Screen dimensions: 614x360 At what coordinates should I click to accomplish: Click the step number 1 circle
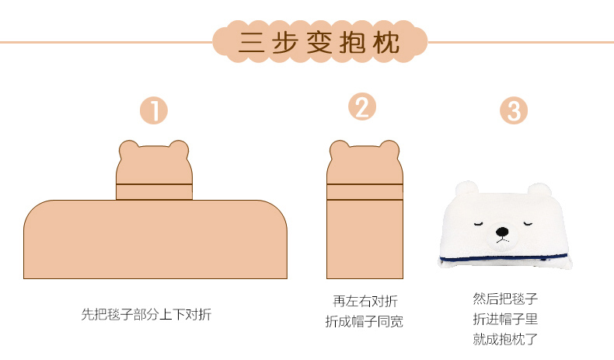pyautogui.click(x=154, y=110)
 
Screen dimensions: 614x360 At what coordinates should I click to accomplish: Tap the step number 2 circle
pyautogui.click(x=362, y=107)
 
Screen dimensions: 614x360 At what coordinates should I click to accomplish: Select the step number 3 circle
pyautogui.click(x=514, y=110)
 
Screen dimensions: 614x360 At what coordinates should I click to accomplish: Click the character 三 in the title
pyautogui.click(x=252, y=42)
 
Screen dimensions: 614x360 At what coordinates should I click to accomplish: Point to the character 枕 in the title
pyautogui.click(x=386, y=42)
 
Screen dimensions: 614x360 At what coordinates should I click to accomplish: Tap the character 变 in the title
pyautogui.click(x=319, y=42)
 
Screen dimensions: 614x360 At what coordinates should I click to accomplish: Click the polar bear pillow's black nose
pyautogui.click(x=502, y=232)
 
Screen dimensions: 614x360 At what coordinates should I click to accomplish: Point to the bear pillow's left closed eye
pyautogui.click(x=479, y=225)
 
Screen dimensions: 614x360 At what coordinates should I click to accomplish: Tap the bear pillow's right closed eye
pyautogui.click(x=528, y=224)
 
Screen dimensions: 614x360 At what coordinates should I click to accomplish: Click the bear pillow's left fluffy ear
pyautogui.click(x=467, y=189)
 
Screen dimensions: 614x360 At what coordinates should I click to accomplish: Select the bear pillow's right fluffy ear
pyautogui.click(x=539, y=190)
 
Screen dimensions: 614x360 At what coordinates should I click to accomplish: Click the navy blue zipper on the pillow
pyautogui.click(x=503, y=258)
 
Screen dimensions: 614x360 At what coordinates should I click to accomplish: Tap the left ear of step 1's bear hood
pyautogui.click(x=129, y=149)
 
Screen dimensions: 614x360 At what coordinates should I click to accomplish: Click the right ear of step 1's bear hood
pyautogui.click(x=179, y=149)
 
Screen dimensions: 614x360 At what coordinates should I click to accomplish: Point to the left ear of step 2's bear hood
pyautogui.click(x=339, y=149)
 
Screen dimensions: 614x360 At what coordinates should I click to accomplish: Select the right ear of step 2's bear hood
pyautogui.click(x=389, y=149)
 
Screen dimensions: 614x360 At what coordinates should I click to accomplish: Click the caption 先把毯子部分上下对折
pyautogui.click(x=146, y=314)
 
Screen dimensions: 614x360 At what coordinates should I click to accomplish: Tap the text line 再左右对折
pyautogui.click(x=365, y=301)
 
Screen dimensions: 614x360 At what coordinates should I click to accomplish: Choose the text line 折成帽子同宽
pyautogui.click(x=365, y=322)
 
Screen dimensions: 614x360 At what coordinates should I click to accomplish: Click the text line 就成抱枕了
pyautogui.click(x=505, y=339)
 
